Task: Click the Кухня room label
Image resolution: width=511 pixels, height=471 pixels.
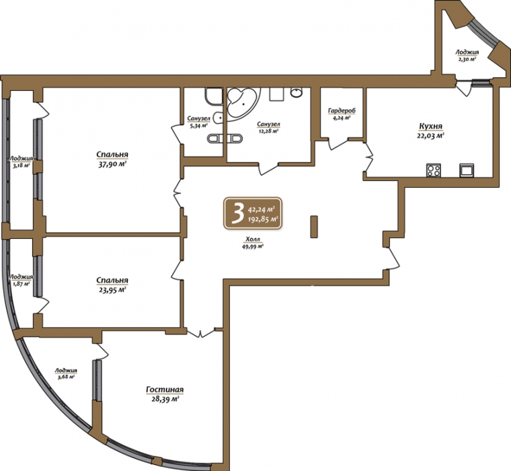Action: point(430,126)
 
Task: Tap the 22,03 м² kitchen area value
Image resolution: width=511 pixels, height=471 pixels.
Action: point(430,136)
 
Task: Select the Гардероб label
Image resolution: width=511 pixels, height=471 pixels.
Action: point(342,111)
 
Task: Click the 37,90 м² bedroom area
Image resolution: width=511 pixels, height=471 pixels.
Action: point(112,164)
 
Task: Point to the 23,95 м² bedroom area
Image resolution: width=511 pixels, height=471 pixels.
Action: point(112,289)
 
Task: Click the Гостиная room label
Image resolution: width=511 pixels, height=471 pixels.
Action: point(165,390)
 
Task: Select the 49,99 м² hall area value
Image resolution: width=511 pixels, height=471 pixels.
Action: point(253,247)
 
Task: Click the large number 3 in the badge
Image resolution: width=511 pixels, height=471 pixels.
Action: point(237,213)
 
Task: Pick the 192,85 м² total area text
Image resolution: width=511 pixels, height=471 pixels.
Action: point(264,219)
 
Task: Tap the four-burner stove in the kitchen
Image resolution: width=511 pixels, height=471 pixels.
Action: point(434,170)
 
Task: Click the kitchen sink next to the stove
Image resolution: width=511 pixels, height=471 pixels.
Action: point(467,170)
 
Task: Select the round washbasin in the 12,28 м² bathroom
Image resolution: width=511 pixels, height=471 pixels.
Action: point(297,93)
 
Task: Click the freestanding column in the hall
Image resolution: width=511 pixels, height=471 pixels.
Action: point(314,226)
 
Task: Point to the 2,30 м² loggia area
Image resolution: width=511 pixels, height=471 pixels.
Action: point(467,59)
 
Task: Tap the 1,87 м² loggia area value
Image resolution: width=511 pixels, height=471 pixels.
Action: point(22,283)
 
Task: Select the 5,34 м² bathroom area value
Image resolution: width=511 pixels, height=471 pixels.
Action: point(198,125)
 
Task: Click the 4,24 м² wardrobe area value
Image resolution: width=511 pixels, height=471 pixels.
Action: point(342,118)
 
